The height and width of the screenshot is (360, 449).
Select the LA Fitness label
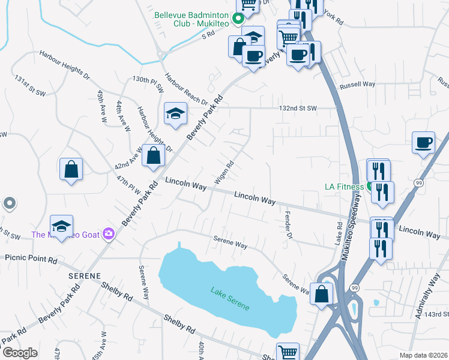tap(344, 187)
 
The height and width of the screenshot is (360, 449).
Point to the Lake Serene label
tap(229, 299)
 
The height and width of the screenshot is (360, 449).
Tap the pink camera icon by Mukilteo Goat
tap(109, 233)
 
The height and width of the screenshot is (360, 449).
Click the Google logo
tap(19, 353)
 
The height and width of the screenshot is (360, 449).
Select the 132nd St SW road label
tap(298, 109)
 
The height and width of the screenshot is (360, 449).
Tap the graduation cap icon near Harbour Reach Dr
tap(175, 113)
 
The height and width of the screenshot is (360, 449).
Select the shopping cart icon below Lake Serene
tap(288, 352)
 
